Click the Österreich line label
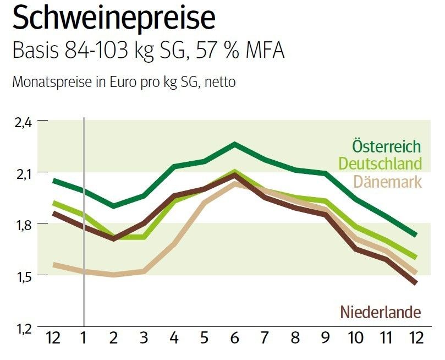tap(386, 147)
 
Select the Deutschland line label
tap(380, 163)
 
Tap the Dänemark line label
tap(388, 181)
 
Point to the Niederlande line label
tap(381, 312)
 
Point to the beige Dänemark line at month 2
tap(114, 274)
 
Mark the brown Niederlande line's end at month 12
tap(415, 283)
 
